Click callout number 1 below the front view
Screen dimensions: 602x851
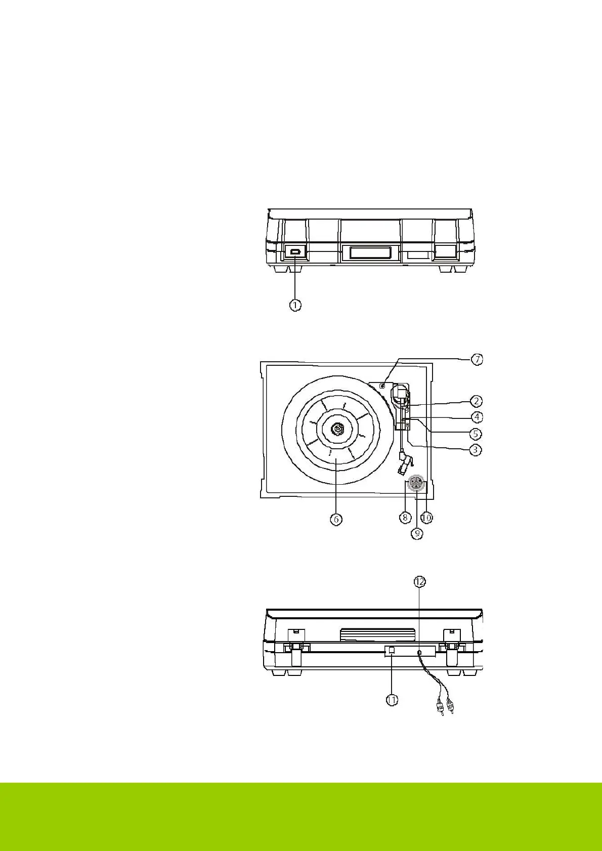pyautogui.click(x=295, y=305)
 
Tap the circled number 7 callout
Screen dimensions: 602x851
pyautogui.click(x=477, y=359)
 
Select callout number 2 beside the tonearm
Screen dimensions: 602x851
pyautogui.click(x=476, y=401)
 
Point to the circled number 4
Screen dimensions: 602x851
pyautogui.click(x=477, y=417)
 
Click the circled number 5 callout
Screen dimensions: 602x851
pyautogui.click(x=476, y=434)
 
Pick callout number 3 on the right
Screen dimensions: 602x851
pyautogui.click(x=475, y=449)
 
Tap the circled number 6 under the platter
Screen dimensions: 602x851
pyautogui.click(x=336, y=519)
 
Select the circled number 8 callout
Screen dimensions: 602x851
pyautogui.click(x=405, y=518)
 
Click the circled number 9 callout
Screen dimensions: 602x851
pyautogui.click(x=417, y=533)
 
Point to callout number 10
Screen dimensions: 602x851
pyautogui.click(x=427, y=518)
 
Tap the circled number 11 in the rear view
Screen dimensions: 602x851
pyautogui.click(x=392, y=700)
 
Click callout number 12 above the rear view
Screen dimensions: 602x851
pyautogui.click(x=419, y=582)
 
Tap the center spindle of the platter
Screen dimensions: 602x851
pyautogui.click(x=337, y=429)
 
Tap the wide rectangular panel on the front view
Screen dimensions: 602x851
pyautogui.click(x=366, y=252)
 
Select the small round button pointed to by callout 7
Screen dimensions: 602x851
pyautogui.click(x=383, y=387)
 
